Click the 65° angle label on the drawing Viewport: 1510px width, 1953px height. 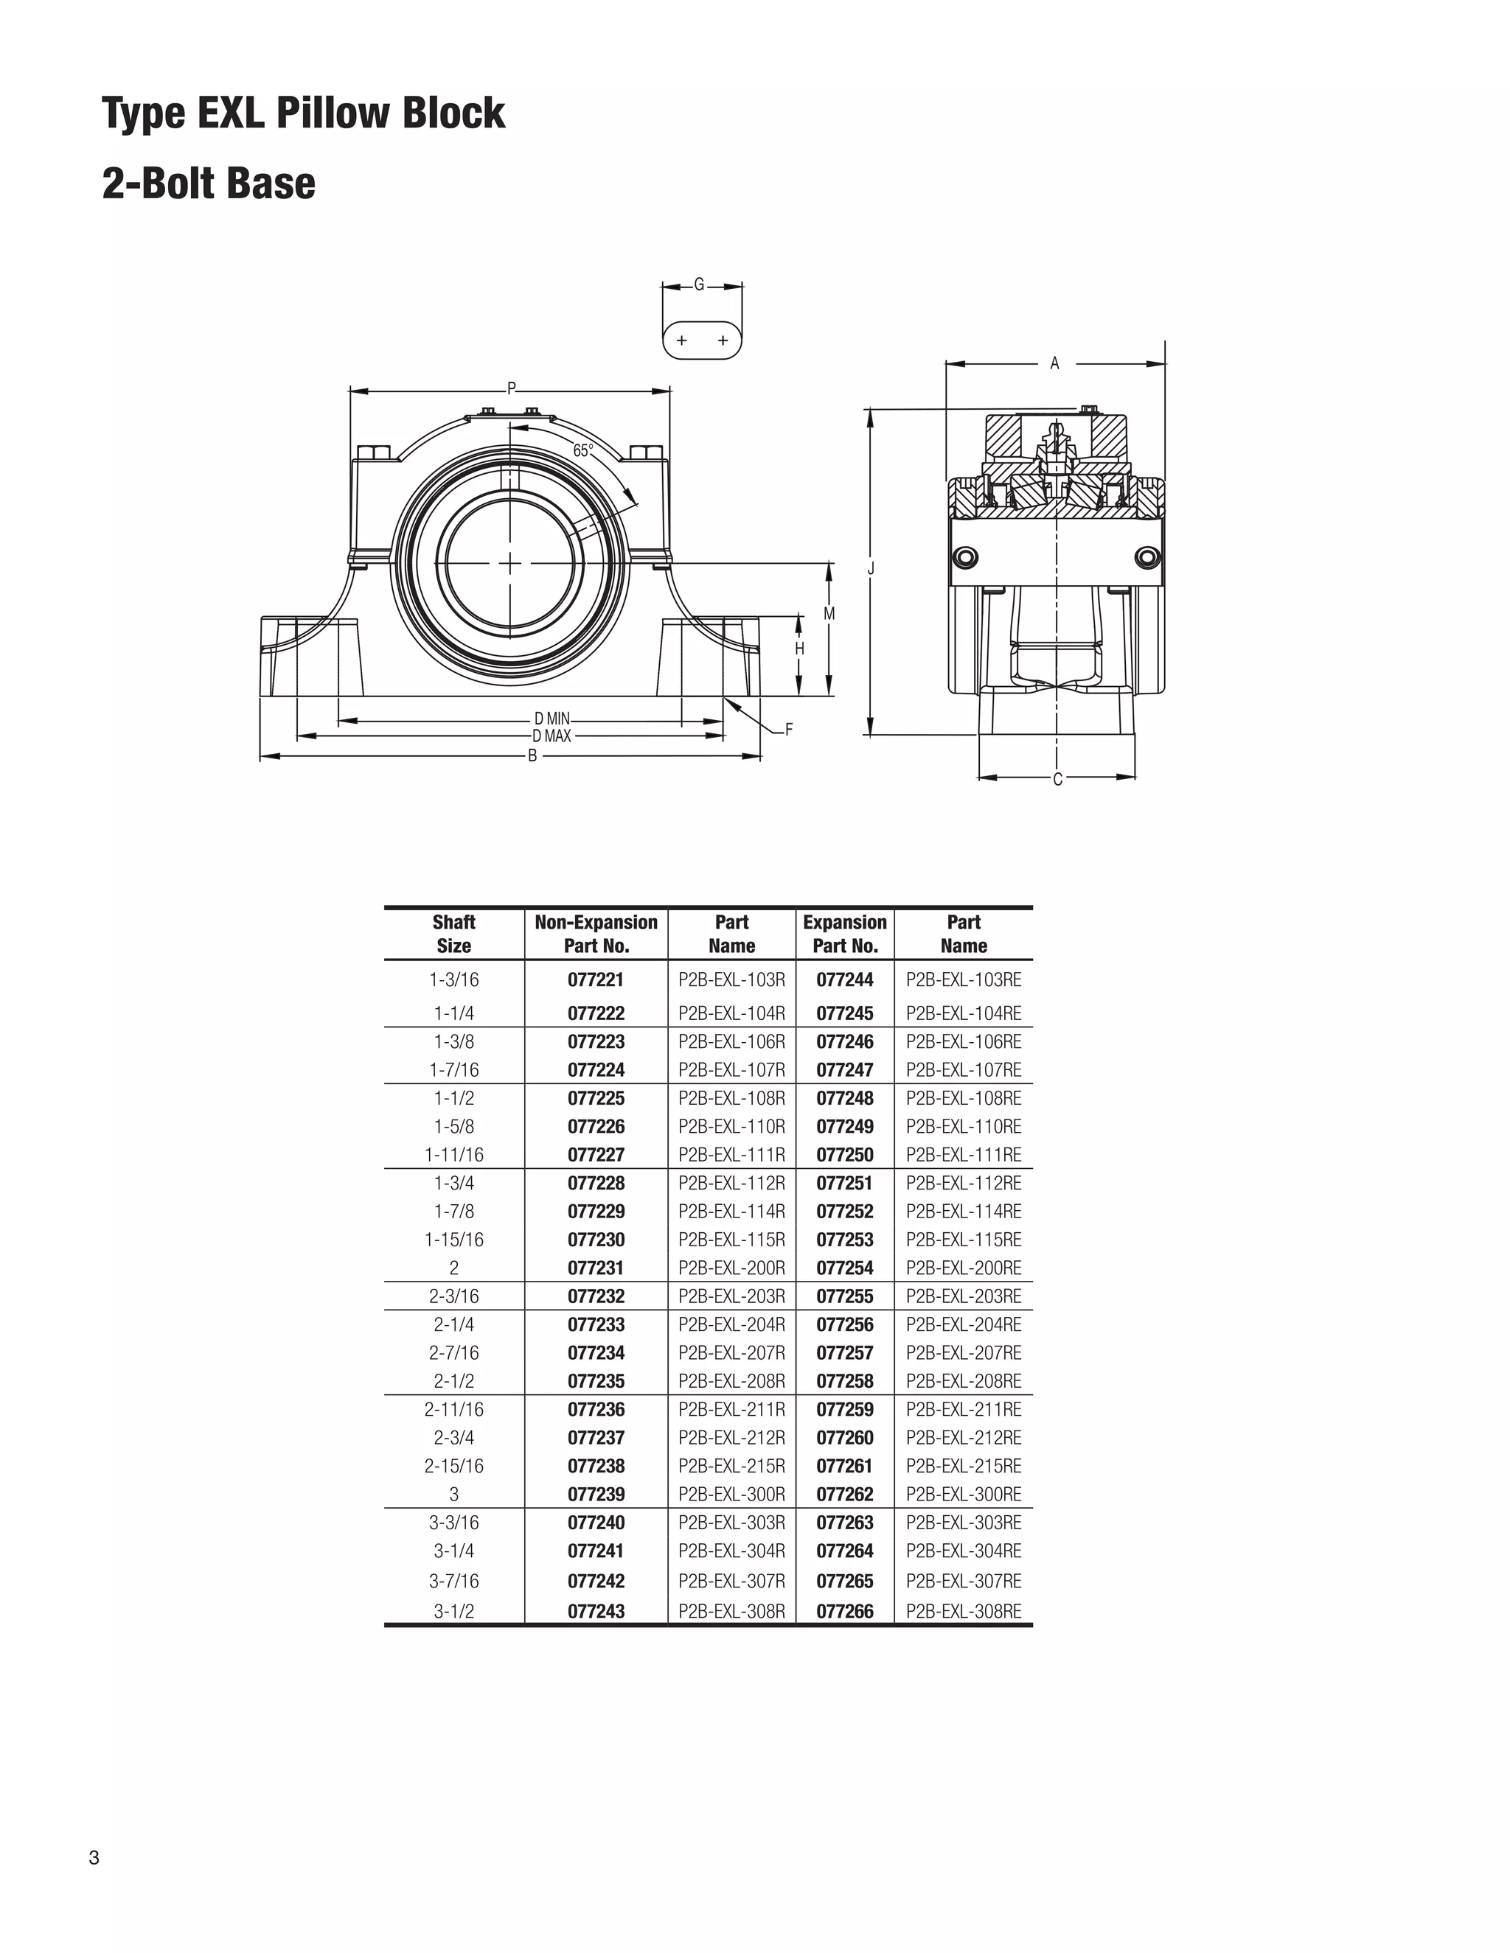click(x=582, y=451)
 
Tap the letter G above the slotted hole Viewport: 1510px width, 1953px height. click(x=700, y=285)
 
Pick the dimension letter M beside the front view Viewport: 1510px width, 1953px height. click(x=829, y=615)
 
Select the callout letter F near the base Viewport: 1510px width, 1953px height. click(x=788, y=730)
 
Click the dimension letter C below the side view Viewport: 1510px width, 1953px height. click(x=1057, y=780)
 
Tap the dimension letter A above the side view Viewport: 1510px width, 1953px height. click(x=1054, y=363)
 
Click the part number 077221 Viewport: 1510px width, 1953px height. click(x=596, y=980)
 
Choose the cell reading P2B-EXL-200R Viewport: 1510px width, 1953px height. click(x=731, y=1268)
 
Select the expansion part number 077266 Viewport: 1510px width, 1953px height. click(x=844, y=1611)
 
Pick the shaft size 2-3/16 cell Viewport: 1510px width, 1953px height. click(x=453, y=1296)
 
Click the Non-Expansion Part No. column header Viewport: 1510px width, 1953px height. click(x=596, y=934)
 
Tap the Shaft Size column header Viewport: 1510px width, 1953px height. click(x=453, y=934)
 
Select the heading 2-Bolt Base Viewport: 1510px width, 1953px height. click(x=209, y=184)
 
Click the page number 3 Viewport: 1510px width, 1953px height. click(x=94, y=1858)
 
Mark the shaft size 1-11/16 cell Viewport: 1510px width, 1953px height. click(x=453, y=1154)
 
